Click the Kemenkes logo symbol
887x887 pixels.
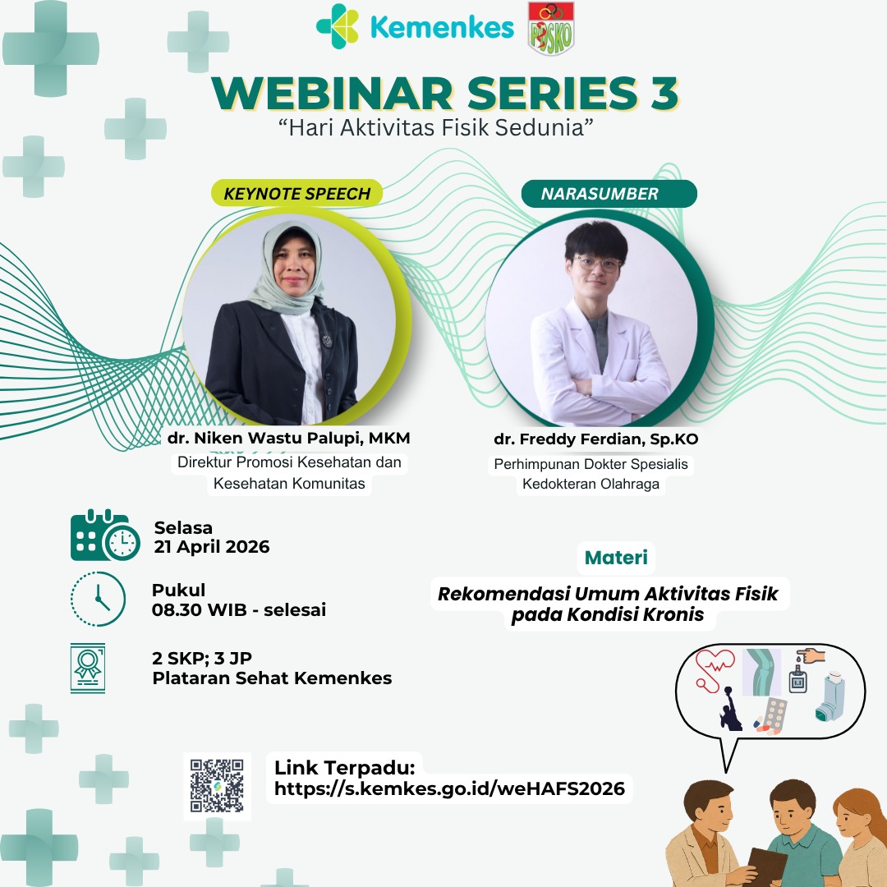coord(338,26)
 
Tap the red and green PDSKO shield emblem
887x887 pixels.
coord(550,28)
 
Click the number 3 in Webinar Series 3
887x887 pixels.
coord(664,94)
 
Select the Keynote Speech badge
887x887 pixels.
coord(296,194)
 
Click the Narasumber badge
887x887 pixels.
coord(609,194)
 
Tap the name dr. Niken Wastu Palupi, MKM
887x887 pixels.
coord(288,438)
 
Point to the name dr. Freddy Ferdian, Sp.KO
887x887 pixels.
coord(595,439)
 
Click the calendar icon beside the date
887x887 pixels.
coord(105,535)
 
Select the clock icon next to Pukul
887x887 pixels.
coord(98,599)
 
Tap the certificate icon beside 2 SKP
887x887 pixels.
coord(88,668)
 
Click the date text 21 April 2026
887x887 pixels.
coord(212,547)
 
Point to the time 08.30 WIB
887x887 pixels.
coord(199,609)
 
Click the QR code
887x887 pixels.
coord(217,786)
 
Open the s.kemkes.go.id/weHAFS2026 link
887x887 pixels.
coord(450,788)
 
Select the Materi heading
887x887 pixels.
coord(616,558)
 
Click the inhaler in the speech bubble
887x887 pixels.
coord(830,697)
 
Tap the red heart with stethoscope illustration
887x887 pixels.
coord(714,669)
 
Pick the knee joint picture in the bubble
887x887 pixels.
coord(762,672)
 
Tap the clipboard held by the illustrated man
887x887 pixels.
coord(766,866)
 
